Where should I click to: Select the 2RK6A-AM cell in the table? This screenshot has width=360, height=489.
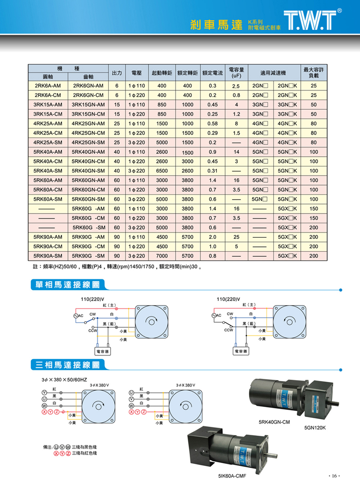tap(48, 86)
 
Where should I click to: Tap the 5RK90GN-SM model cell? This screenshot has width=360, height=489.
tap(89, 256)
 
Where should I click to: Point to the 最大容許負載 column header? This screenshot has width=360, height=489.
tap(314, 72)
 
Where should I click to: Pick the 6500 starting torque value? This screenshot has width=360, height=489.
tap(161, 171)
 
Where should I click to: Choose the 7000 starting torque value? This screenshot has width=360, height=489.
tap(161, 256)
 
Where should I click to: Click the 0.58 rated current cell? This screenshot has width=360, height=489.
tap(213, 124)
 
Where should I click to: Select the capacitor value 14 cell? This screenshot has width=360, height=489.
tap(236, 152)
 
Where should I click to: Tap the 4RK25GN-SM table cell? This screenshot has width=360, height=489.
tap(89, 142)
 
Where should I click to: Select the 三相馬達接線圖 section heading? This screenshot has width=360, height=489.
tap(67, 364)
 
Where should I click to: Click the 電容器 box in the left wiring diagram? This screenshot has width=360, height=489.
tap(102, 351)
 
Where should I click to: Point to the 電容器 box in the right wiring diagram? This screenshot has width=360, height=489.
tap(241, 351)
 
